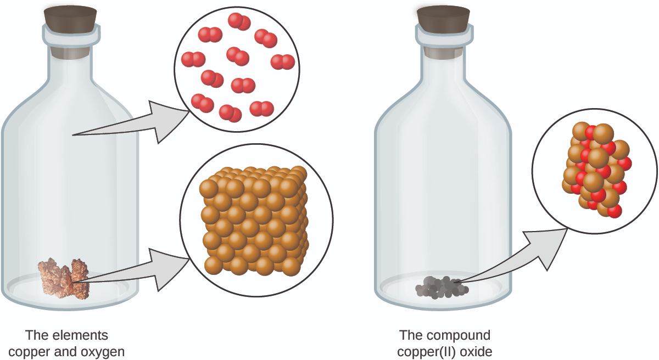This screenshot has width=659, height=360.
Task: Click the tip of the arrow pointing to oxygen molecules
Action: (189, 111)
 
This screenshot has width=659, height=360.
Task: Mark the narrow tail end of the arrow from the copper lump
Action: (73, 283)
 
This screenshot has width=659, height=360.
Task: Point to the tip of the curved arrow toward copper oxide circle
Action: (567, 229)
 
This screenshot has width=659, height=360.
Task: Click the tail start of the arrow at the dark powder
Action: (454, 283)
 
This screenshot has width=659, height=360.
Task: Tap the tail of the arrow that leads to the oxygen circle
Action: (72, 135)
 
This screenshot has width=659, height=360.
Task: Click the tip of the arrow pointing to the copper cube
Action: (189, 259)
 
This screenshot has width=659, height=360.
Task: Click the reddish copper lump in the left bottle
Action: (63, 279)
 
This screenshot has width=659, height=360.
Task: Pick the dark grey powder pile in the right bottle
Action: (442, 288)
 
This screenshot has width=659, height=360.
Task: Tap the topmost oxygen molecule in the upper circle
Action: (239, 21)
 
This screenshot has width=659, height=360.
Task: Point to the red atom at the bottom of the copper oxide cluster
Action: (615, 211)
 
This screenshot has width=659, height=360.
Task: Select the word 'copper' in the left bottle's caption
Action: (29, 352)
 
